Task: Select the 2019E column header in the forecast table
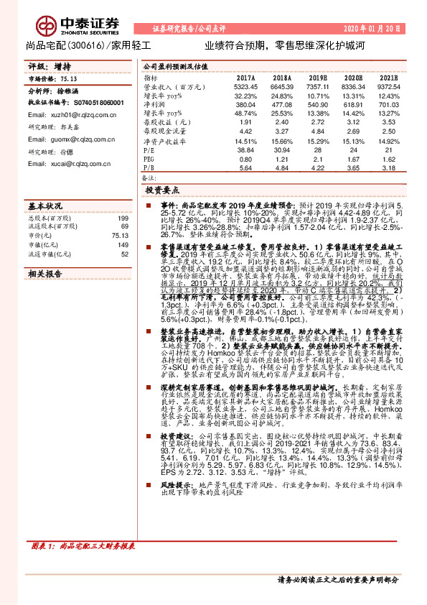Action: coord(317,78)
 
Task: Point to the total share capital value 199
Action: coord(123,218)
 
